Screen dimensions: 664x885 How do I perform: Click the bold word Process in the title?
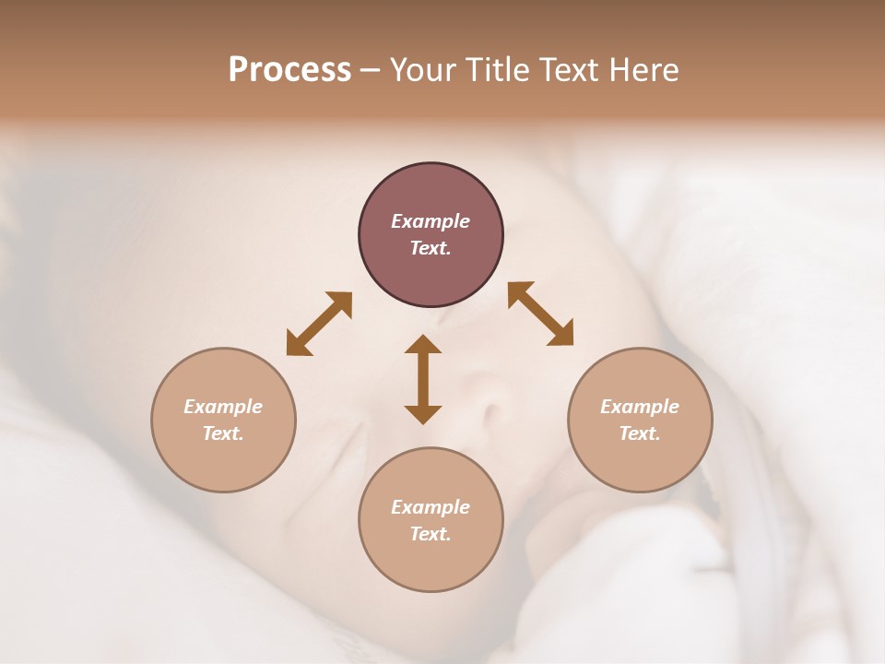[289, 70]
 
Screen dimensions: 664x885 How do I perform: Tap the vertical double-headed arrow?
[423, 379]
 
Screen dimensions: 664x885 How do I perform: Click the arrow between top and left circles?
[319, 324]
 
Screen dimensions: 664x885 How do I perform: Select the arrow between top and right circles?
[541, 314]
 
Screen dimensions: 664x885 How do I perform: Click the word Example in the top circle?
[431, 221]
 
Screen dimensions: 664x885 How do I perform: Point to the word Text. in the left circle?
[223, 433]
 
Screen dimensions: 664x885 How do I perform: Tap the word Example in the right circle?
[640, 407]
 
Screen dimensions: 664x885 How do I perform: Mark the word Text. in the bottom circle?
[431, 534]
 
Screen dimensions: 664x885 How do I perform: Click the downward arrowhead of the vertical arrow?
[423, 414]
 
